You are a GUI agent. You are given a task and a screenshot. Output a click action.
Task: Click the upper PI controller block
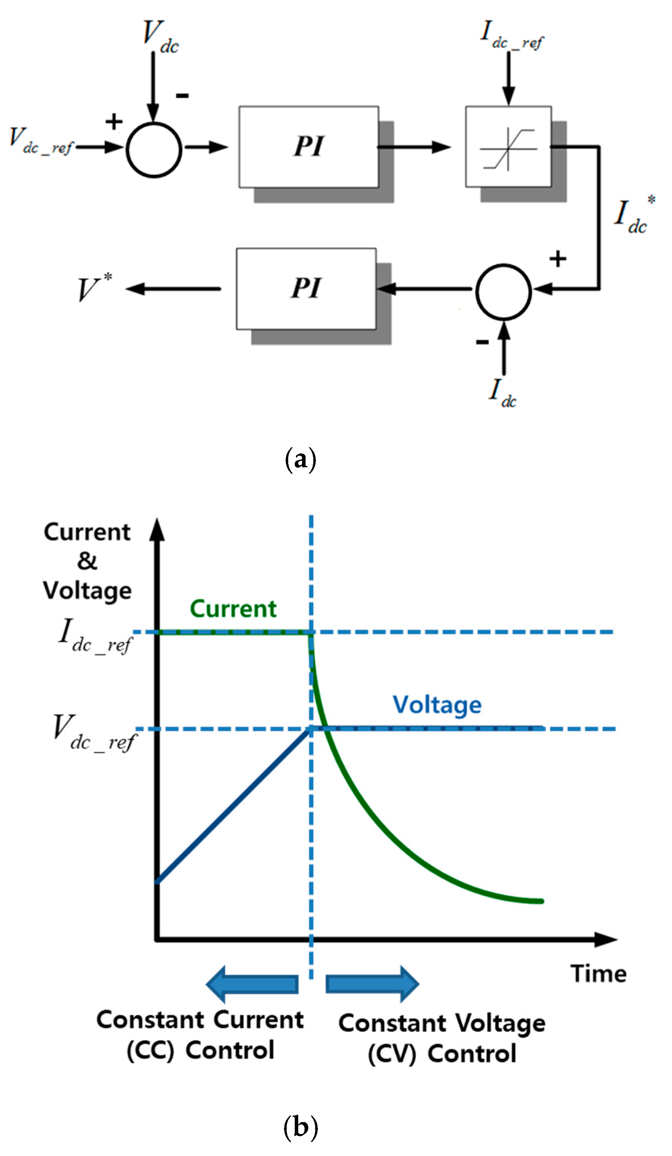(x=309, y=147)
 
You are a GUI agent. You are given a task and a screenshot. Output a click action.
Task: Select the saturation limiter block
(x=508, y=147)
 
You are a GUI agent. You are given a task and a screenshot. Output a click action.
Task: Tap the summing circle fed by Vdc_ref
(x=154, y=149)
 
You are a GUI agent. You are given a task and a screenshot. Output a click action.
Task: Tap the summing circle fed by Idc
(x=504, y=292)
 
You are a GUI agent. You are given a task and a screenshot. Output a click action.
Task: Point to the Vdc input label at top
(x=160, y=37)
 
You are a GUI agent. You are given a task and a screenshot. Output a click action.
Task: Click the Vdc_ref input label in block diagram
(x=40, y=141)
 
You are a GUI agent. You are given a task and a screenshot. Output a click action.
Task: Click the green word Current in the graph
(x=233, y=609)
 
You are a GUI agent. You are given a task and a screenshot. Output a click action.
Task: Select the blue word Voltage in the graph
(x=437, y=705)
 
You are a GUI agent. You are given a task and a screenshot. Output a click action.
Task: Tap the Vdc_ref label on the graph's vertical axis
(x=94, y=733)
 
